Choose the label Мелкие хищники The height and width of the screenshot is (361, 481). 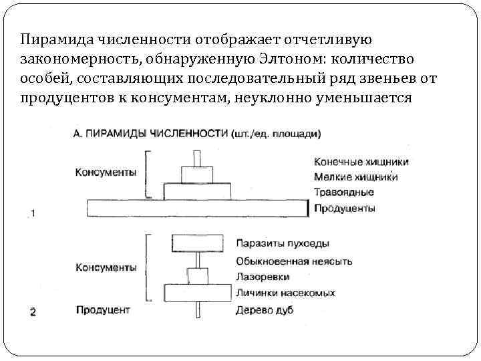pos(355,177)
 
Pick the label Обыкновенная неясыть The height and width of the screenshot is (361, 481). pos(294,261)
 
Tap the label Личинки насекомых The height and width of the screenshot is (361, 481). pos(285,293)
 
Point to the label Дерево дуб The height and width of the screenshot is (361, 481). pos(264,310)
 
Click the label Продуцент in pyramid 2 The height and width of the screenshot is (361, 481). pos(102,310)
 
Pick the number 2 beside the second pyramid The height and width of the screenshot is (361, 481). pos(33,312)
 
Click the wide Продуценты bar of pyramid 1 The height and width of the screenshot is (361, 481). pos(197,208)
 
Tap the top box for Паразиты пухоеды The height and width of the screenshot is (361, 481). pos(197,243)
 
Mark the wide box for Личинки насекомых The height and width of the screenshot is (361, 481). pos(197,293)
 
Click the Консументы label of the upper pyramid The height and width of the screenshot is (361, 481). pos(106,172)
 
